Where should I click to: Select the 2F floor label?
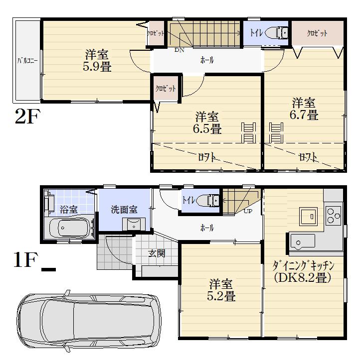click(x=28, y=117)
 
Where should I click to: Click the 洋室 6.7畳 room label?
click(x=304, y=109)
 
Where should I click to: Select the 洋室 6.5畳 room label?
click(x=207, y=123)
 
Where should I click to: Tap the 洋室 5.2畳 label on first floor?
click(x=221, y=290)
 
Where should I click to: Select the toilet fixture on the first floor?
click(x=209, y=201)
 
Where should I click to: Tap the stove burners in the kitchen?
click(x=333, y=214)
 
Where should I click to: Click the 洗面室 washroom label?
click(x=124, y=210)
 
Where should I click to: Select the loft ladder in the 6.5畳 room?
click(x=248, y=133)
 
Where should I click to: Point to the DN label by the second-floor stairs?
click(x=179, y=50)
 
